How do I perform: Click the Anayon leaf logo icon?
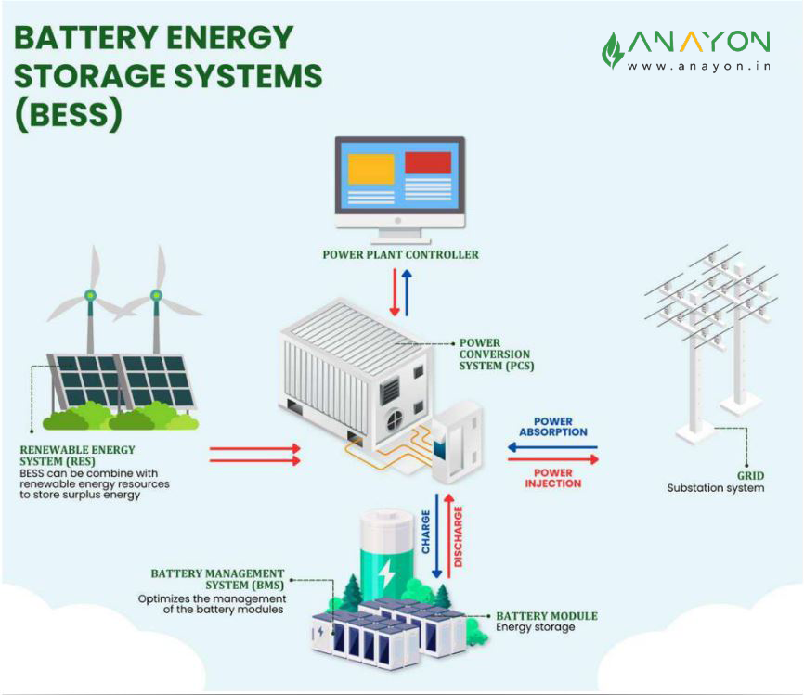(613, 50)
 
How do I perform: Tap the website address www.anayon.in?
(698, 66)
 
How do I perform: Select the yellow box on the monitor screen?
(370, 169)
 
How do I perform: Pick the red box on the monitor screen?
(428, 162)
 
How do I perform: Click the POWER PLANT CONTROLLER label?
(401, 254)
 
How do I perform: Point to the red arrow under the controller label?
(394, 291)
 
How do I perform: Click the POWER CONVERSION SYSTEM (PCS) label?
(495, 354)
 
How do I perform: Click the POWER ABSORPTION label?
(553, 427)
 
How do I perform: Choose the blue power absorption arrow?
(552, 446)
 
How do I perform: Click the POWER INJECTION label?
(552, 478)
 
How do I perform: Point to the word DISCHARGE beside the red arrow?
(459, 536)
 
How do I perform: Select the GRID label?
(750, 473)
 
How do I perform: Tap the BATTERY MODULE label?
(547, 616)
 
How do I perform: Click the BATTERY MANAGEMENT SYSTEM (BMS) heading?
(217, 580)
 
